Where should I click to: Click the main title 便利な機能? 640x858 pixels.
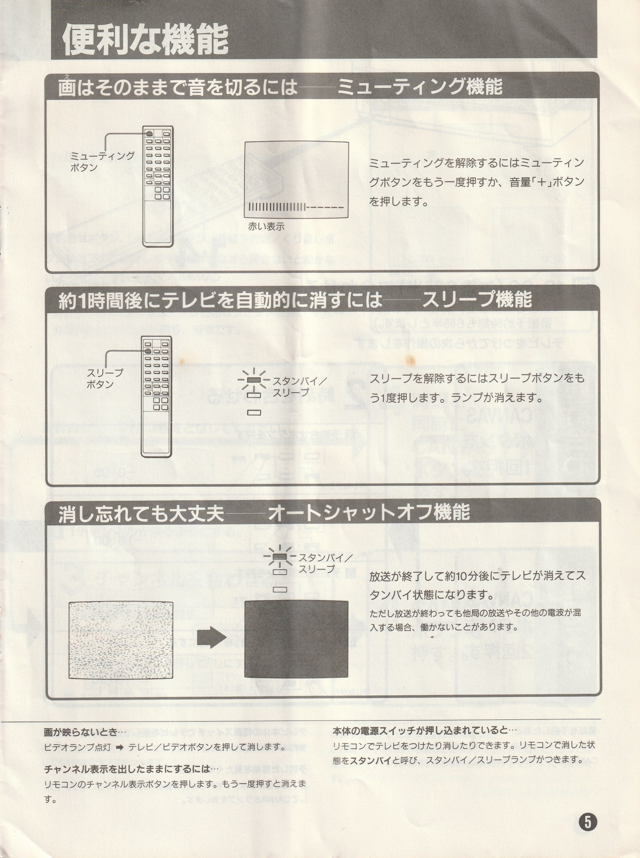pyautogui.click(x=145, y=40)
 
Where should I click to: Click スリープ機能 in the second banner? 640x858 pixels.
pyautogui.click(x=477, y=300)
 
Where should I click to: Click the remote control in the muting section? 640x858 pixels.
pyautogui.click(x=158, y=186)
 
